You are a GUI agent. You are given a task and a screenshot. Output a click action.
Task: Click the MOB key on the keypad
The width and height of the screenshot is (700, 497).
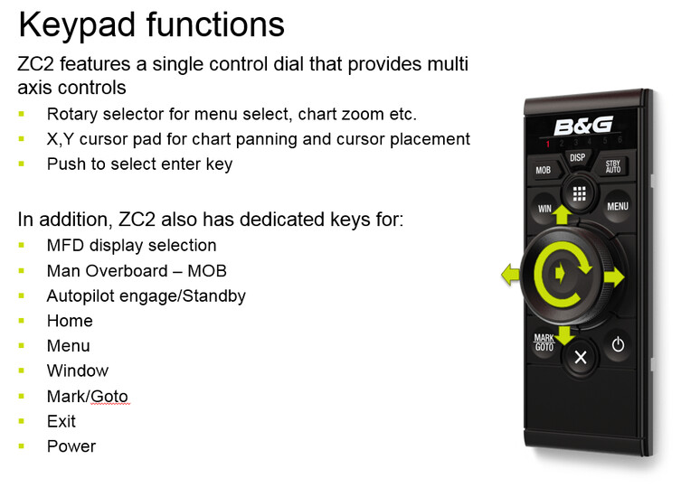(x=544, y=170)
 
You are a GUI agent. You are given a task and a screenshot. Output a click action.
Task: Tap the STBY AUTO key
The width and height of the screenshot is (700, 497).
(x=612, y=166)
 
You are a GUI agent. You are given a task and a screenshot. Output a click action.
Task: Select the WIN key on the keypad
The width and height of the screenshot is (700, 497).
(x=544, y=209)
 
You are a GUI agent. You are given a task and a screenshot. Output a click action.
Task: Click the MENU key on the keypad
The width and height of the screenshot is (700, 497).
(x=618, y=206)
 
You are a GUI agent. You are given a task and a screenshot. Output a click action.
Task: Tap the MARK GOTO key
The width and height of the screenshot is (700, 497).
(x=544, y=342)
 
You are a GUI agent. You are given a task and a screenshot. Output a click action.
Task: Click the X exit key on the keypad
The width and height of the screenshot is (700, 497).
(x=581, y=357)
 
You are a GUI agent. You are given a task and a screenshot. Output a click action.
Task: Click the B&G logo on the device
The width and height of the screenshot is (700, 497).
(x=583, y=127)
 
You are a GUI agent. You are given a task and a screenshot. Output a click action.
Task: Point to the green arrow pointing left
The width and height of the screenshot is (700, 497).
(x=510, y=274)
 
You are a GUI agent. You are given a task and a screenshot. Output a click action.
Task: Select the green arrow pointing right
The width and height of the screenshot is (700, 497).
(x=614, y=277)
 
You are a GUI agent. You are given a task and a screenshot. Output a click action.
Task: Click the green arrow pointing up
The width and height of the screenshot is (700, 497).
(x=562, y=214)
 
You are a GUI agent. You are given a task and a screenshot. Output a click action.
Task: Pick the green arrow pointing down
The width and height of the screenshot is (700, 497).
(x=565, y=335)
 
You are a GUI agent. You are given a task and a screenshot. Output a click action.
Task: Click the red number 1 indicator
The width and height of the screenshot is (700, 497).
(x=548, y=143)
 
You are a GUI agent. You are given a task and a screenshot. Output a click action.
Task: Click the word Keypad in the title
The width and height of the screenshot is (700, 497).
(x=77, y=26)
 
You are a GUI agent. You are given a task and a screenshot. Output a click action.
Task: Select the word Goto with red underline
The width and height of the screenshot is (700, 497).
(x=109, y=396)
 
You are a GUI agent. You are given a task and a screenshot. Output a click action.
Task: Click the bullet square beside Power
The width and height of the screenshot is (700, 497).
(x=22, y=445)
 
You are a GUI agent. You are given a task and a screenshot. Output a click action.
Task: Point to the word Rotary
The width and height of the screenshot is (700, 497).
(x=71, y=115)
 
